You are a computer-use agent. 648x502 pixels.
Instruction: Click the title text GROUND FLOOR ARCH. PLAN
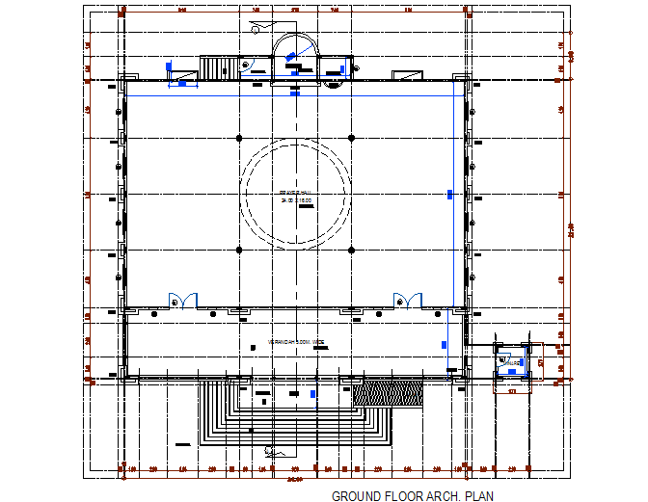click(412, 496)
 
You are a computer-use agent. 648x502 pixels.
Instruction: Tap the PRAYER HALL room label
click(295, 194)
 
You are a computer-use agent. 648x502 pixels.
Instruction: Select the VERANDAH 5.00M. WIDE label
click(295, 342)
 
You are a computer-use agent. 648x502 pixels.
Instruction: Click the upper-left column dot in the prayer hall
click(239, 139)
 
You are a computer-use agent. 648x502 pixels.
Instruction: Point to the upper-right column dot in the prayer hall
click(351, 139)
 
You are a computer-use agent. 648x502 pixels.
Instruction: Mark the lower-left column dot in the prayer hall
click(239, 250)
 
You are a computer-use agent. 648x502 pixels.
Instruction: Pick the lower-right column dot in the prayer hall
click(351, 250)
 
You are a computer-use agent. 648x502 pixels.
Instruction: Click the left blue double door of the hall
click(182, 300)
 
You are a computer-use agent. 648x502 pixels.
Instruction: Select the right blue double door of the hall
click(406, 300)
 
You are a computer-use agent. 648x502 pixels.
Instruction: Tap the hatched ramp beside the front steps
click(388, 393)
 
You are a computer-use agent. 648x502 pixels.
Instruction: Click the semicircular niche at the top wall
click(295, 53)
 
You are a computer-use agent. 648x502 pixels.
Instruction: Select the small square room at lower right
click(510, 363)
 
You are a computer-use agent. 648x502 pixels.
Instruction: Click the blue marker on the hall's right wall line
click(449, 195)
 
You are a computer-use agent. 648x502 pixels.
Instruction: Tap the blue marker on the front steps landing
click(313, 394)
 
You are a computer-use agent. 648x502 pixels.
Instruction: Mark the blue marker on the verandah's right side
click(445, 344)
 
